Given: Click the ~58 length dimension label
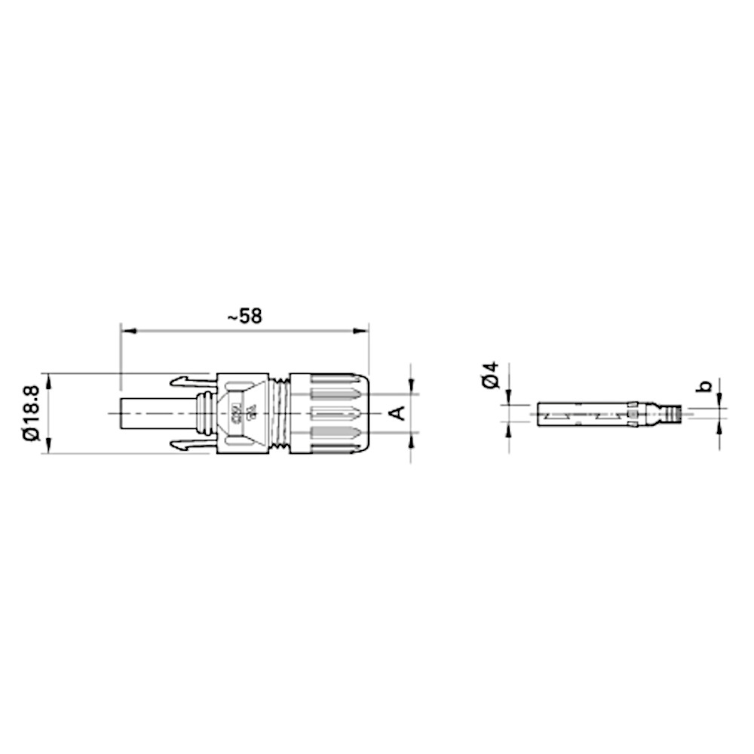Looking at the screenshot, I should point(244,316).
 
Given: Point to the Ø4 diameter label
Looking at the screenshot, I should point(491,375).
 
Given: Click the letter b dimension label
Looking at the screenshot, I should point(704,386).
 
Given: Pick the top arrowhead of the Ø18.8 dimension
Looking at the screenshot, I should point(51,379).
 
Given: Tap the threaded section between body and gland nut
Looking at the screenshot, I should point(282,413).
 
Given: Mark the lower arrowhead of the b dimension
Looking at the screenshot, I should point(720,425).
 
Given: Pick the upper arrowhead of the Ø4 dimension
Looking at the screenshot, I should point(509,399).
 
